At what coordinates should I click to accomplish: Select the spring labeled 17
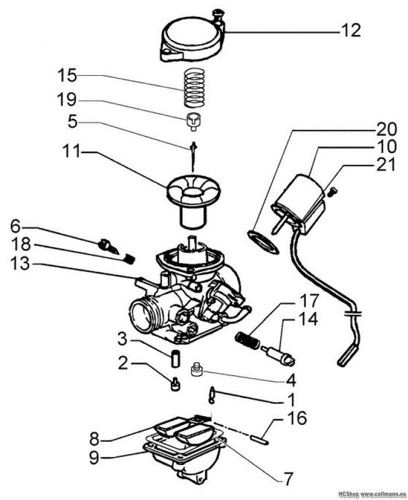[x=247, y=339]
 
